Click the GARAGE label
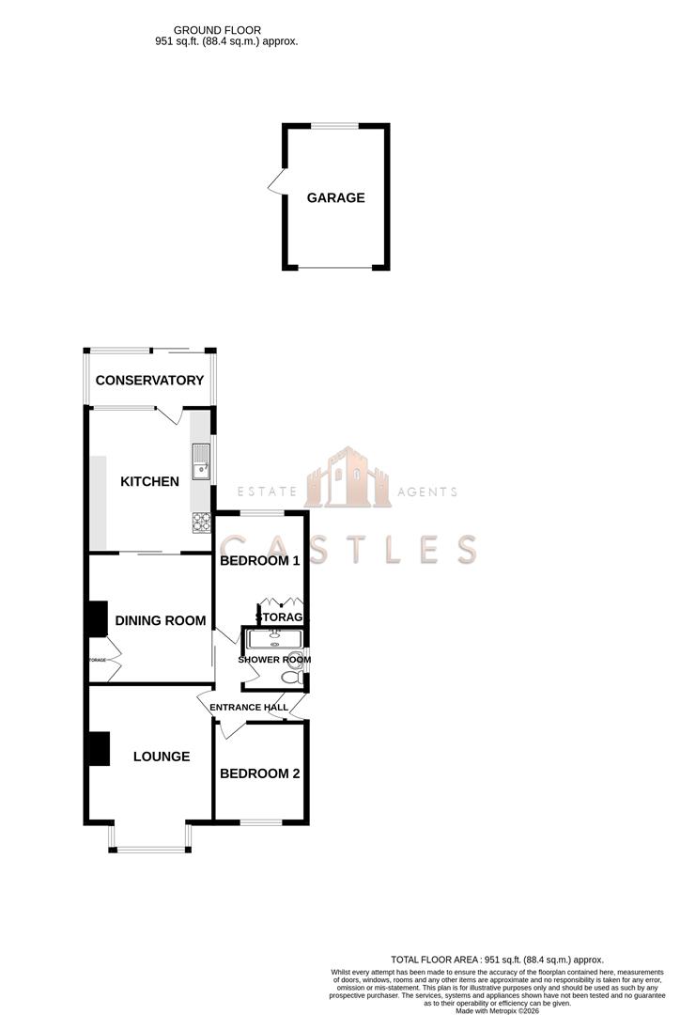[335, 198]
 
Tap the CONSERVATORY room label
[149, 381]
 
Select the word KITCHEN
[149, 482]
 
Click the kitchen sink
[202, 462]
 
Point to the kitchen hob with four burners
[202, 522]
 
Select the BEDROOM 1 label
[259, 561]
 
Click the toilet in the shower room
[287, 674]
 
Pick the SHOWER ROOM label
[274, 660]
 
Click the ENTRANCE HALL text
[249, 708]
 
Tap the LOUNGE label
[162, 757]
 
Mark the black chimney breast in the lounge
[98, 749]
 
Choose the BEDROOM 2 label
[259, 774]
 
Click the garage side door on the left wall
[276, 181]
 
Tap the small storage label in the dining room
[98, 661]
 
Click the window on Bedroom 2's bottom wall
[261, 822]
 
